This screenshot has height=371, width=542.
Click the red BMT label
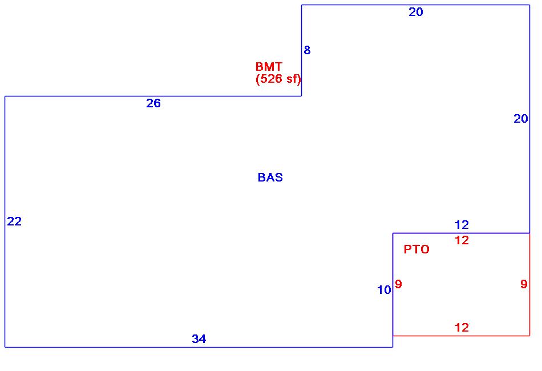(269, 67)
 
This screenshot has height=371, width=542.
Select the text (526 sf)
(278, 79)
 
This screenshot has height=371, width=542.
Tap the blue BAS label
(270, 178)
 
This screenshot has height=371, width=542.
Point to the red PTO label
(416, 249)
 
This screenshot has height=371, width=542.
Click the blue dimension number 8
(307, 50)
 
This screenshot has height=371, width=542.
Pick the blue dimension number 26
(153, 103)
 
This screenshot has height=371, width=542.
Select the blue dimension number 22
(14, 222)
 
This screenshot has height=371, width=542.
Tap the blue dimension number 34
(199, 339)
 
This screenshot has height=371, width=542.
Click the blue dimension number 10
(384, 290)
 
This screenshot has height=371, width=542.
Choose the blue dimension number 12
(462, 225)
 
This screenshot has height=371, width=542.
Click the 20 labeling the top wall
(416, 12)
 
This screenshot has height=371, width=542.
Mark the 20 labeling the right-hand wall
(521, 119)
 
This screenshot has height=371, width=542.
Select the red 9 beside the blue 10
(398, 284)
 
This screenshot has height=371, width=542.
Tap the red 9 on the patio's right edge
(524, 284)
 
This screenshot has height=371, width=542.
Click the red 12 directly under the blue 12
(462, 240)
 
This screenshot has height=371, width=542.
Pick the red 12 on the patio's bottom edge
(462, 328)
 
